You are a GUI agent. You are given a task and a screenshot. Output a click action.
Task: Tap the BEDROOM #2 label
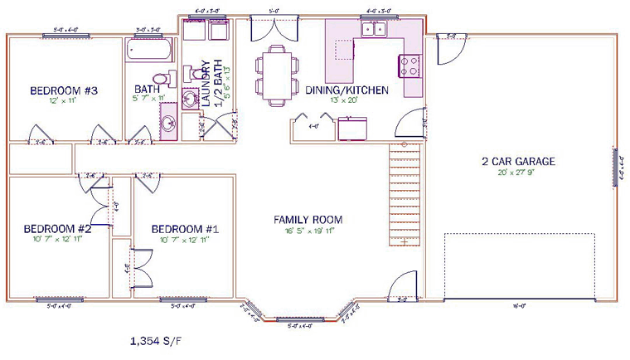pos(57,229)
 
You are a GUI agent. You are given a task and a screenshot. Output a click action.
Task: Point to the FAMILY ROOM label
pos(308,220)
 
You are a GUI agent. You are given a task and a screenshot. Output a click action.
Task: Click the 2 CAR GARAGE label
pos(518,162)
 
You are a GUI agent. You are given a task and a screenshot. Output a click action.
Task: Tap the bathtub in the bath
pos(148,51)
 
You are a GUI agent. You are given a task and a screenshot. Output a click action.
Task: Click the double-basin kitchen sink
pos(372,30)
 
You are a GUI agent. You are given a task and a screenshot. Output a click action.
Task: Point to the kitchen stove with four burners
pos(410,65)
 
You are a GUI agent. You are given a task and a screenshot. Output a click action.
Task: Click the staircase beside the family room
pos(405,196)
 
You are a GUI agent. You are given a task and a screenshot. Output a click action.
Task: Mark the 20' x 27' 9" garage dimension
pos(518,173)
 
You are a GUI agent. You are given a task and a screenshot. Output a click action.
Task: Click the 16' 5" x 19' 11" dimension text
pos(308,231)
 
